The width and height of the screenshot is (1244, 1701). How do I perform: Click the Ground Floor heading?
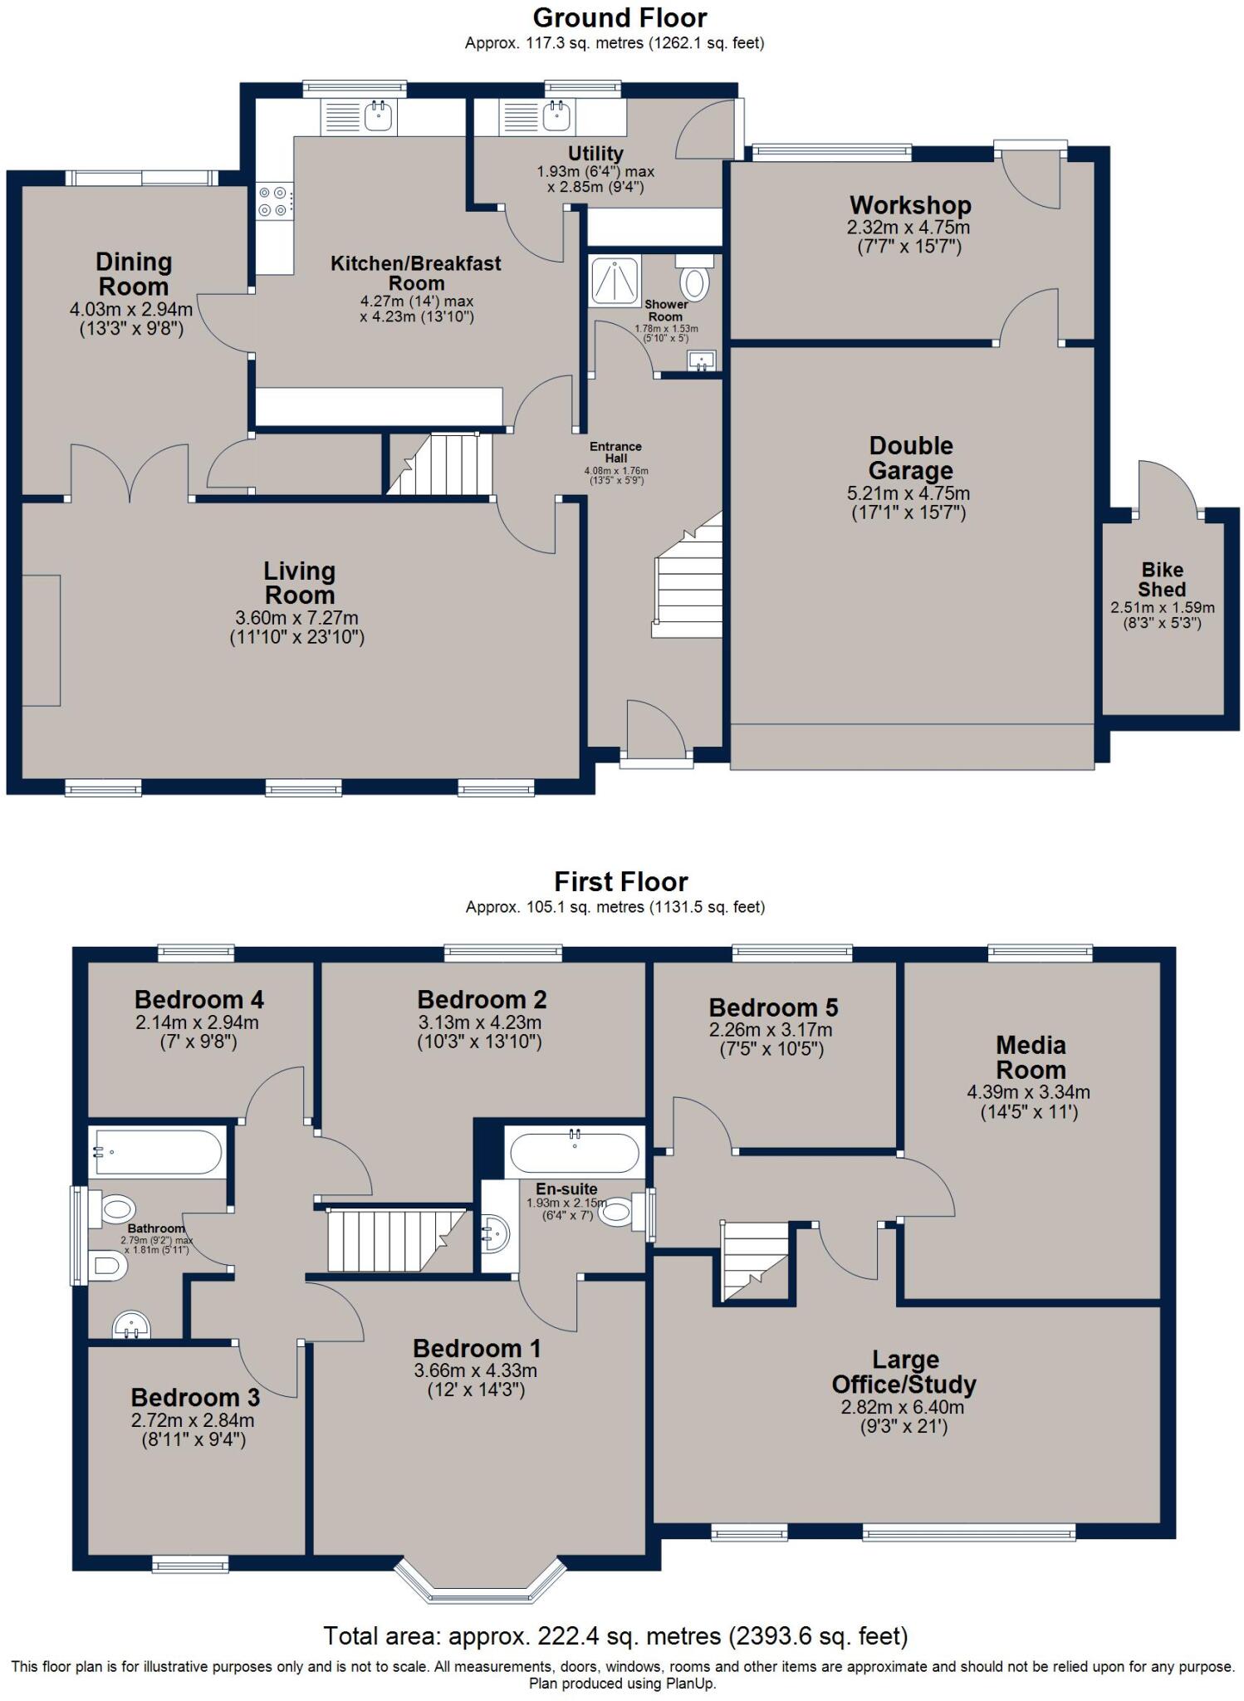pos(620,17)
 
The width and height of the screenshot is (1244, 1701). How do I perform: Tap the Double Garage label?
pos(910,458)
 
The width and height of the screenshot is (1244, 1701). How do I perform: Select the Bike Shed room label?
pos(1162,579)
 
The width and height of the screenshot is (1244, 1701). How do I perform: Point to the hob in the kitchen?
pos(274,201)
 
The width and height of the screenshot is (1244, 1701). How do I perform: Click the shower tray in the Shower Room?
pos(615,280)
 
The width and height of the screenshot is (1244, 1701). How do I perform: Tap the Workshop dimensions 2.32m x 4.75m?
pos(909,228)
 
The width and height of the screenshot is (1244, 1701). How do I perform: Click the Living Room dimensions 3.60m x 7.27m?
pos(296,618)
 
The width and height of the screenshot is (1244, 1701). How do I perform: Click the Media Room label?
pos(1031,1056)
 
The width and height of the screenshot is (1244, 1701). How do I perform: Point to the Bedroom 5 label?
pos(773,1007)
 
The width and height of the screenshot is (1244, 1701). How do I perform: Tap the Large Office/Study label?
pos(904,1372)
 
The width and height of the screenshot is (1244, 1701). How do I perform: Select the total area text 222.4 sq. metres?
pos(615,1635)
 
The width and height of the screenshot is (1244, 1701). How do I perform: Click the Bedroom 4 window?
pos(197,953)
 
